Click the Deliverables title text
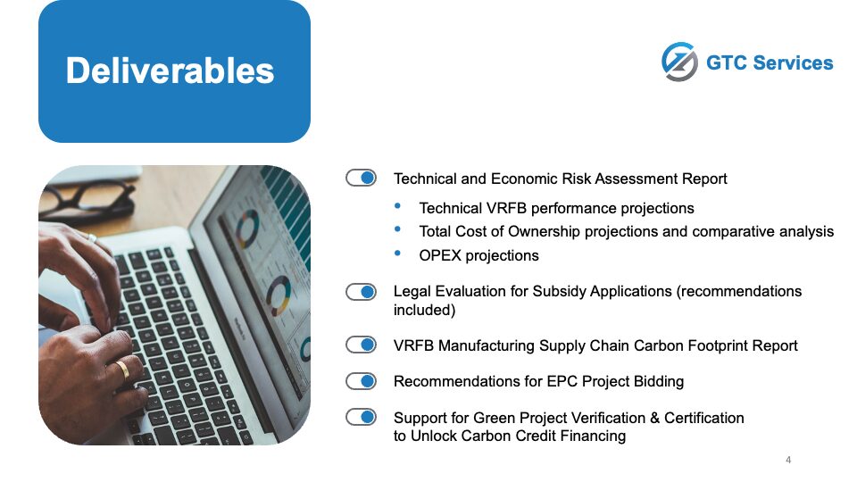tap(170, 71)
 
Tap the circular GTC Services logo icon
tap(679, 62)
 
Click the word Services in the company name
tap(793, 62)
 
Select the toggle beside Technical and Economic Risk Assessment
tap(361, 179)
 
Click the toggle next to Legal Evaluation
tap(361, 292)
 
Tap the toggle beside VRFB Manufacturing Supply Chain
tap(361, 345)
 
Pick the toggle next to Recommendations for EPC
tap(361, 381)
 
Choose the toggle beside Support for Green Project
tap(361, 417)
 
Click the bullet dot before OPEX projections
tap(397, 253)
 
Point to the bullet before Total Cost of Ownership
tap(397, 229)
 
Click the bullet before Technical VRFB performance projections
tap(397, 206)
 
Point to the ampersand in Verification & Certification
tap(654, 418)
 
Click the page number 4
tap(788, 461)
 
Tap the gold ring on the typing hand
tap(123, 370)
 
